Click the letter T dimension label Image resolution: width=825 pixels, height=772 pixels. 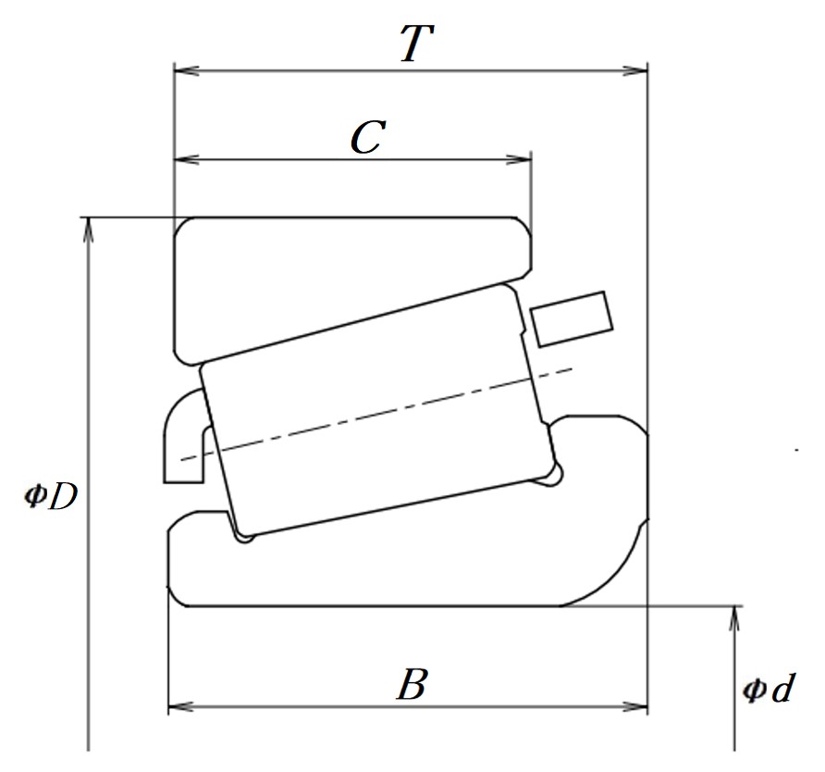[x=417, y=44]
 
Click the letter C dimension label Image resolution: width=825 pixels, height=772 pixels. [x=368, y=137]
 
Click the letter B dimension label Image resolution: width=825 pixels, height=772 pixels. [x=412, y=684]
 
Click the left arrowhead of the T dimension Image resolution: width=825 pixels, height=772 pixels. [x=186, y=70]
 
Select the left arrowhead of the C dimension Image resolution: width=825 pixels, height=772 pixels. [x=186, y=159]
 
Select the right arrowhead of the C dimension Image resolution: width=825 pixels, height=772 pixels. [x=519, y=159]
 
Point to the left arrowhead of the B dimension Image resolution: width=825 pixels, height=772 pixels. [x=180, y=706]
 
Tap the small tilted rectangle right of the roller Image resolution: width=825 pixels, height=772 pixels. [x=572, y=319]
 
